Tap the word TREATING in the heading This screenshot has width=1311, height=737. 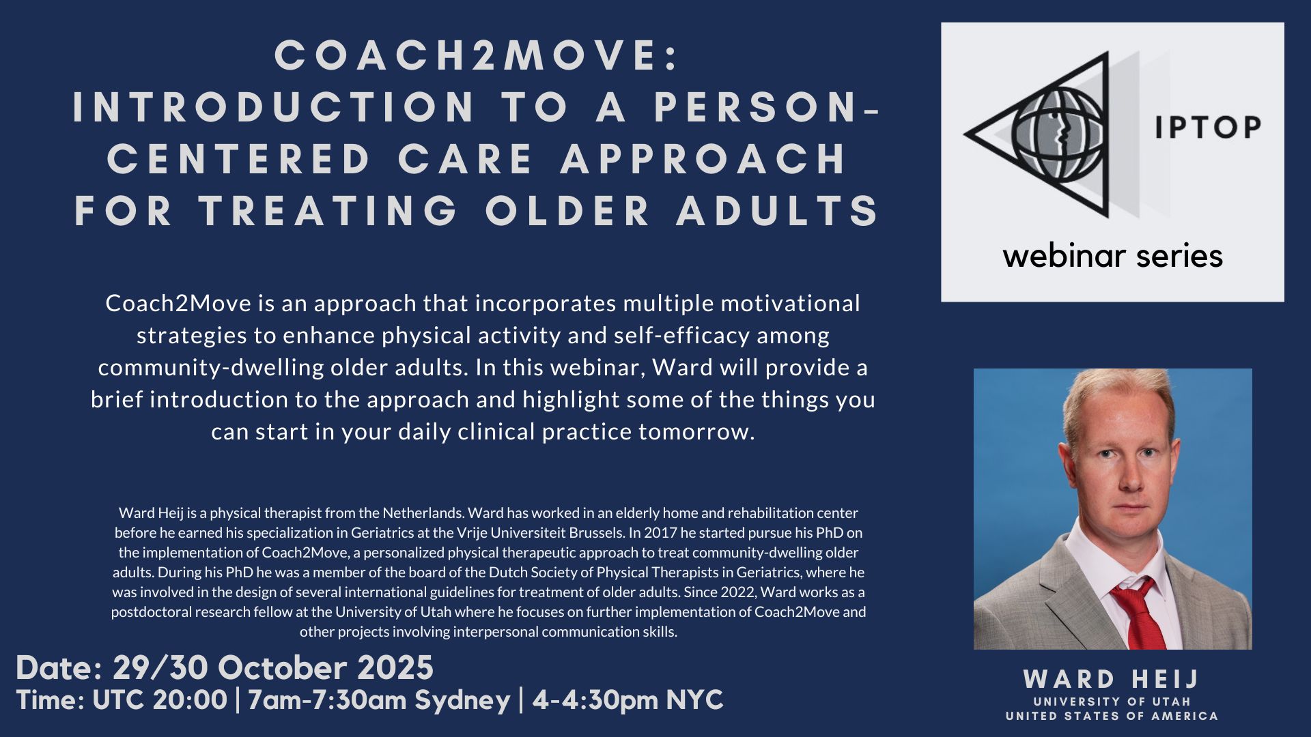[328, 210]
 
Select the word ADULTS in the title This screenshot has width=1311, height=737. [778, 210]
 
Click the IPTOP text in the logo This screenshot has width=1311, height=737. [1208, 128]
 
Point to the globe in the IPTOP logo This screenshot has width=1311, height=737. [1058, 133]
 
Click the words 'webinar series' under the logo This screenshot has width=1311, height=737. [1113, 256]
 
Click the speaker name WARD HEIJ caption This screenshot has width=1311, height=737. [1111, 679]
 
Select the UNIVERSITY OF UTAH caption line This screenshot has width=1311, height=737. [1112, 702]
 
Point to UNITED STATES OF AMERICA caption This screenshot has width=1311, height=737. [1112, 716]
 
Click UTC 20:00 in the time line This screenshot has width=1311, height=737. [159, 700]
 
